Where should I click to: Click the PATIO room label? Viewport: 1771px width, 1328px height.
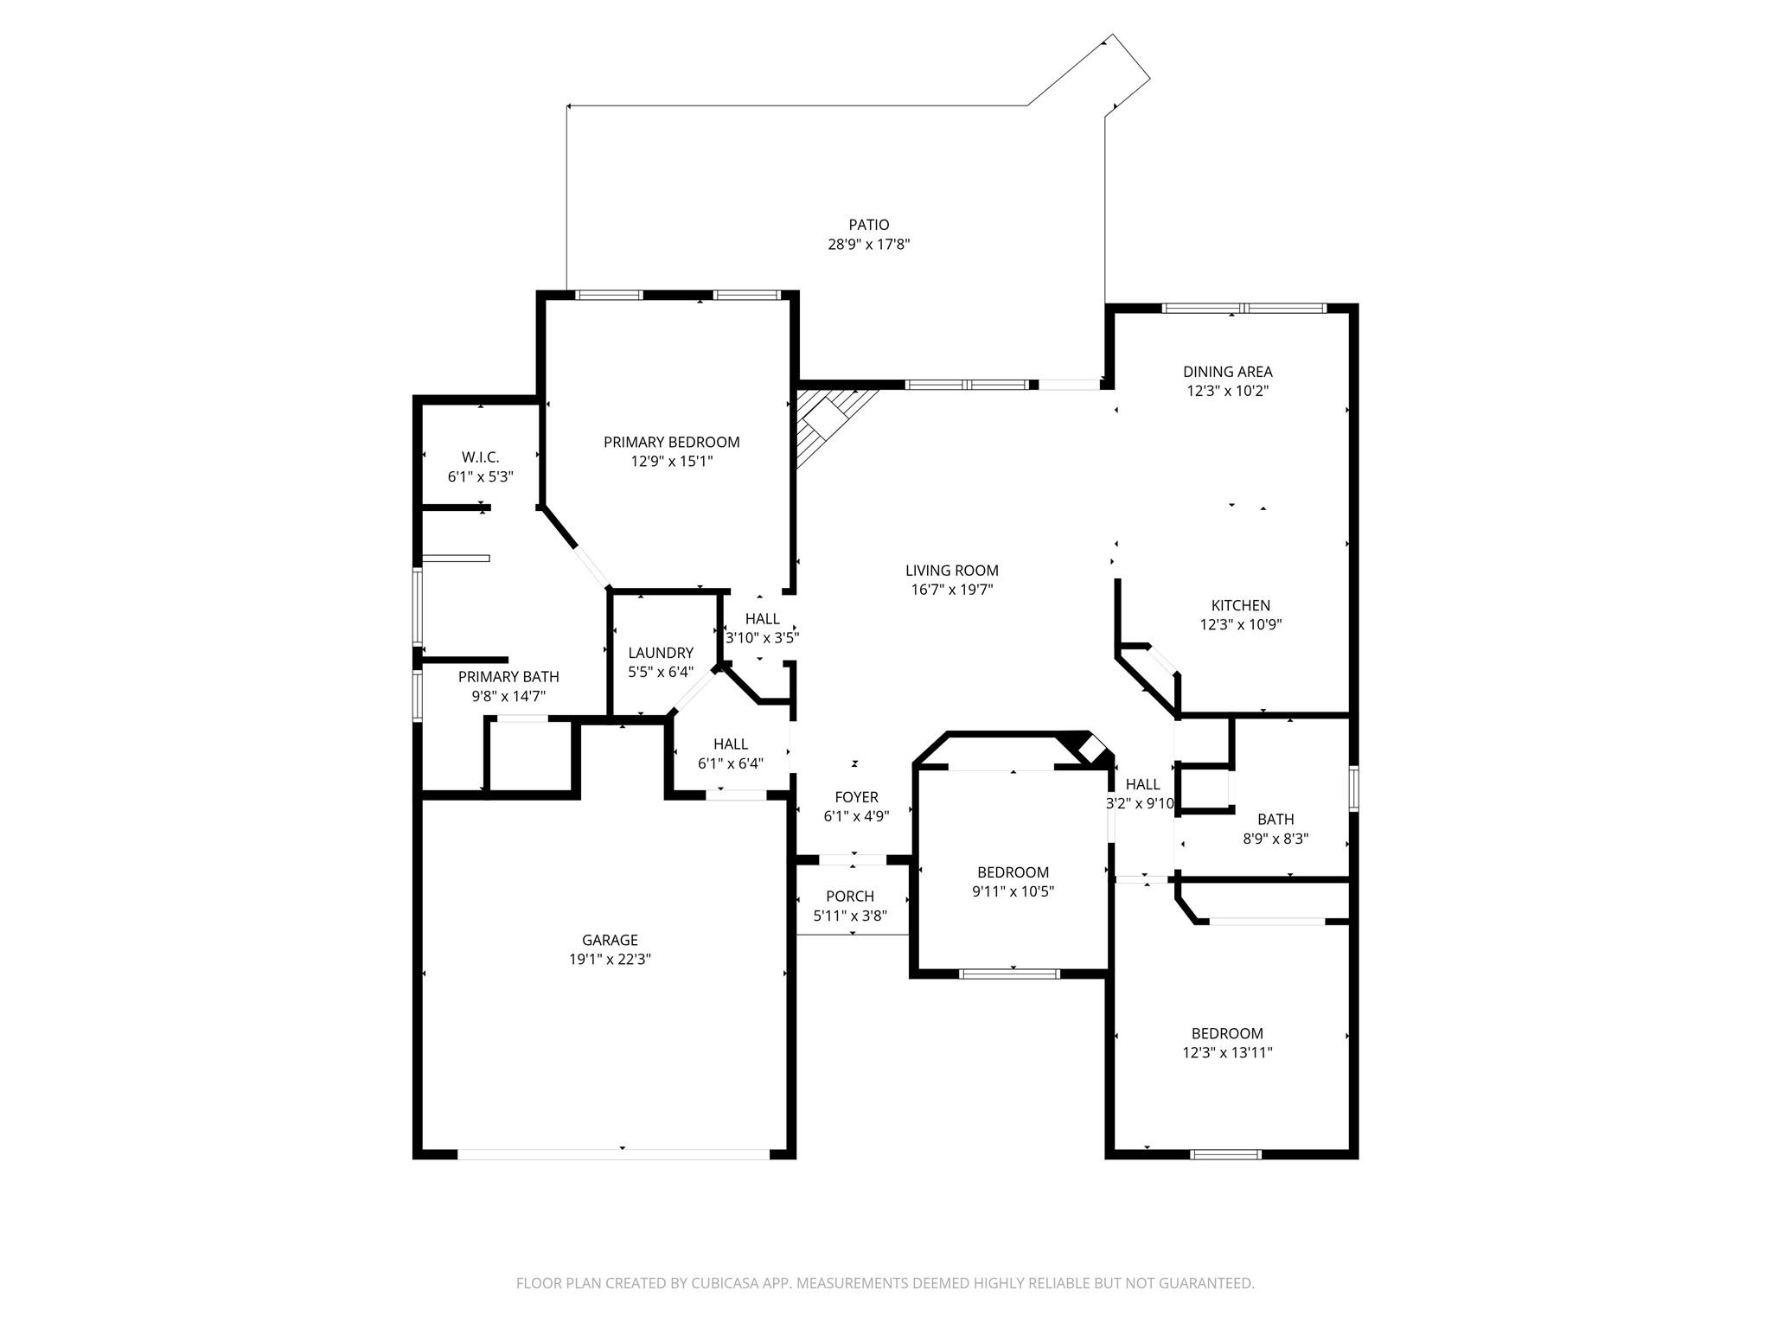[868, 225]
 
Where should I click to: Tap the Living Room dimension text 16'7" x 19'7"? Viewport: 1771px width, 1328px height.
[952, 590]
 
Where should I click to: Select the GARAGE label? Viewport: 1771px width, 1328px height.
[610, 940]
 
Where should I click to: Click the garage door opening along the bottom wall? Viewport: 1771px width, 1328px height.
[612, 1154]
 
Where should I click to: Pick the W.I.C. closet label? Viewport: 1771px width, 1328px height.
[480, 457]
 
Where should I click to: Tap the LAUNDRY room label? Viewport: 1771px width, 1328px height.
[661, 653]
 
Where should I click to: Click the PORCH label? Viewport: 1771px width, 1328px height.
[850, 897]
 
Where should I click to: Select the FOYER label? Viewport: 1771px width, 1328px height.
[856, 797]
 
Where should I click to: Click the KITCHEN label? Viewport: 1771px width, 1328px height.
[1240, 605]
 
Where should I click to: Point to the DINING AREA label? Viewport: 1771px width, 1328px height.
[1227, 372]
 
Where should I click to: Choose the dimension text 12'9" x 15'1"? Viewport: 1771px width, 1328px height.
[671, 462]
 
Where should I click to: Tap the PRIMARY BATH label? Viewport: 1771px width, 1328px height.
[508, 677]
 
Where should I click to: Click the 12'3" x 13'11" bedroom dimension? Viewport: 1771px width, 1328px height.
[1227, 1053]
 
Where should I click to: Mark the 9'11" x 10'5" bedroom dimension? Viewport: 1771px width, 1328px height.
[1013, 892]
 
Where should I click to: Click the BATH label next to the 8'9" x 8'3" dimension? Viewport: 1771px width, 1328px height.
[1276, 819]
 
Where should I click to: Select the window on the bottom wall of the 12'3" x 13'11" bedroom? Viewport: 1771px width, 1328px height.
[1225, 1154]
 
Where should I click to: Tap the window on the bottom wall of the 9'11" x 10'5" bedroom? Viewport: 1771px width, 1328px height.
[1009, 974]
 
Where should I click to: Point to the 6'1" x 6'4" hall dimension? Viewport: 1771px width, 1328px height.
[731, 763]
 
